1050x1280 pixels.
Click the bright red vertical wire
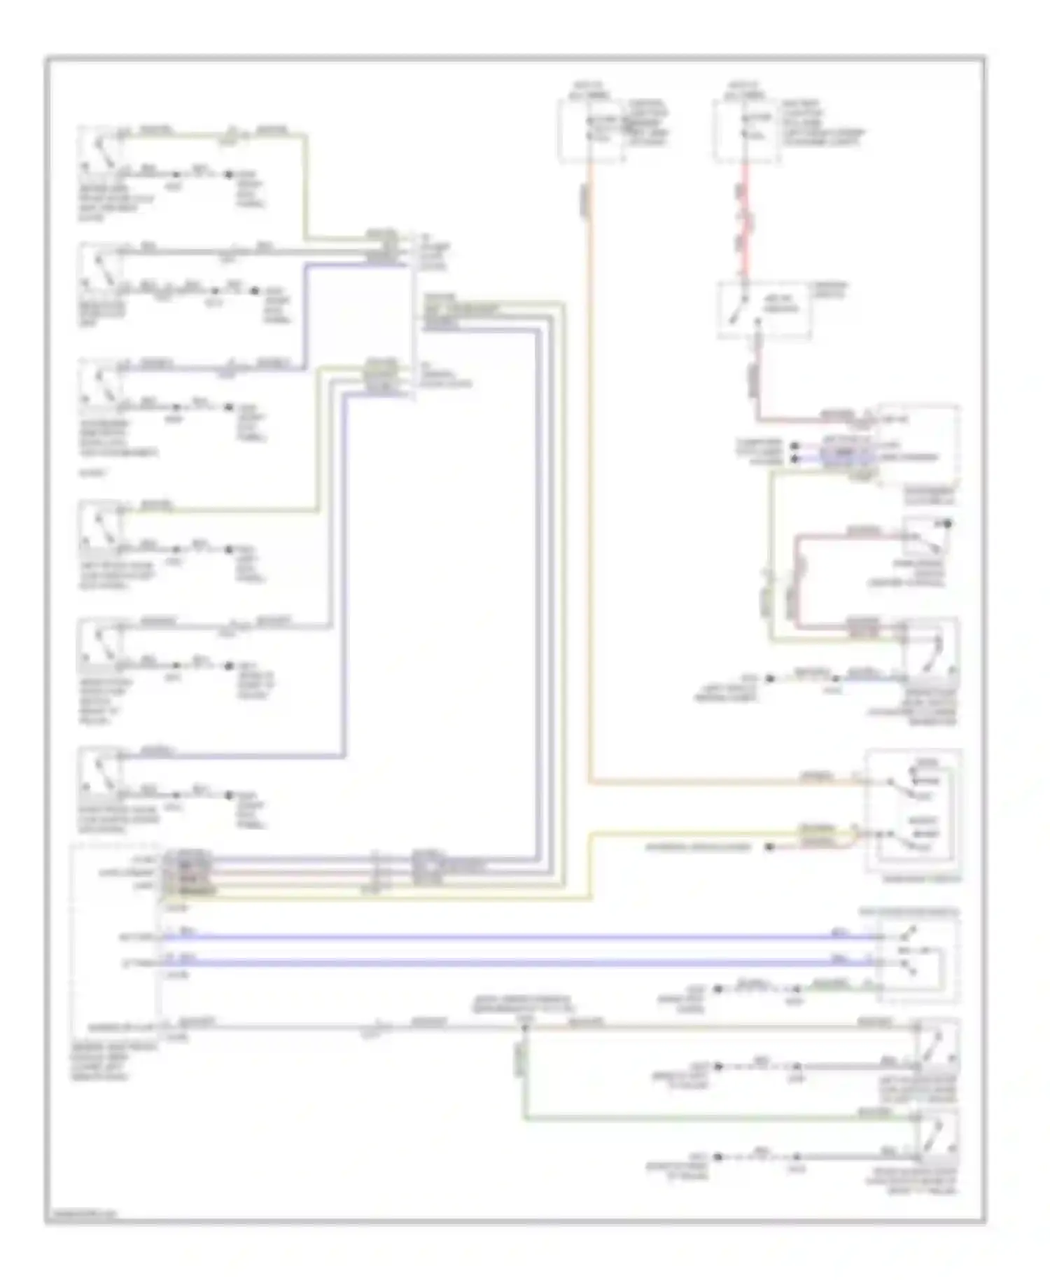(747, 217)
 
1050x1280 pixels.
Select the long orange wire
(589, 490)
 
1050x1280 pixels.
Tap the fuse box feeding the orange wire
(591, 130)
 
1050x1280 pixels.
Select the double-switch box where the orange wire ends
(914, 812)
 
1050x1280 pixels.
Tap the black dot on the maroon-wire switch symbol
(948, 523)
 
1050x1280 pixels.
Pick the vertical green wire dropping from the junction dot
(524, 1071)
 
